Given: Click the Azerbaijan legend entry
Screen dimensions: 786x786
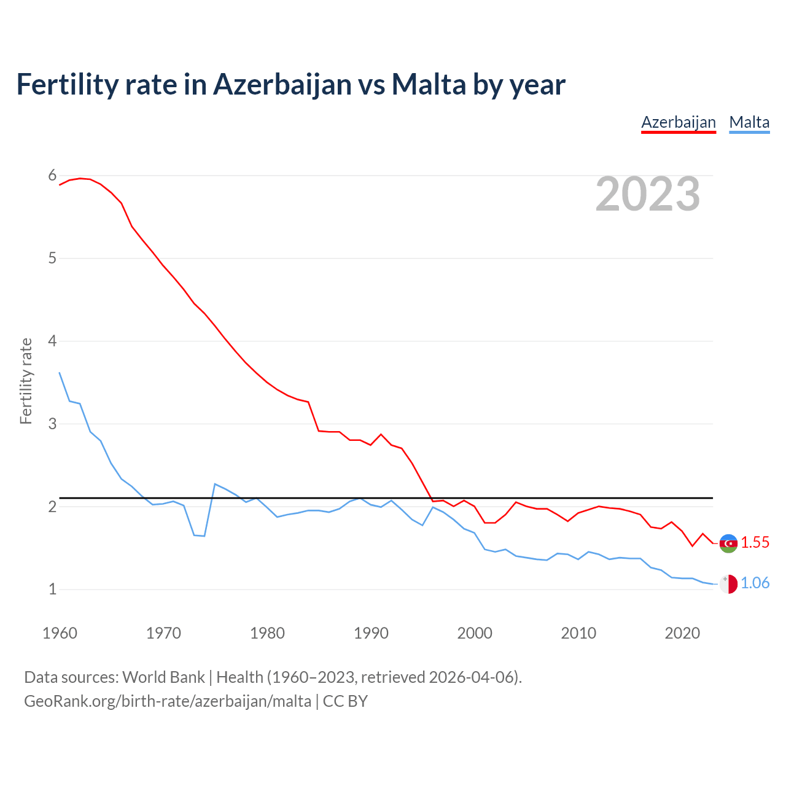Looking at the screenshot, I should click(679, 122).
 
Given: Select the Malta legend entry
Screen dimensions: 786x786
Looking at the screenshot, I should click(749, 122).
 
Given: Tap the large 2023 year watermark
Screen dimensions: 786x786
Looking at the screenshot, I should click(648, 194).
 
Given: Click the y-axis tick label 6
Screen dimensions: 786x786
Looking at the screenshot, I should click(52, 176).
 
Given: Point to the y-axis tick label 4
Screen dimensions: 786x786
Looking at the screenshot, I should click(52, 341).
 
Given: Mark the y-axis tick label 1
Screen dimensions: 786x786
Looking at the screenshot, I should click(52, 589).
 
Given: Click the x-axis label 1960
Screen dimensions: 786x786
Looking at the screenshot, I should click(60, 633).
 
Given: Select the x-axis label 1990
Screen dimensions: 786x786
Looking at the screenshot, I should click(371, 633).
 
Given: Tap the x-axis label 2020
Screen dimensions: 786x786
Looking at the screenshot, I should click(682, 633).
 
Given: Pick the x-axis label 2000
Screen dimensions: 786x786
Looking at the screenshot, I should click(475, 633).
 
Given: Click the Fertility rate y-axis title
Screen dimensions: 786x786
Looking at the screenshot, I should click(26, 381).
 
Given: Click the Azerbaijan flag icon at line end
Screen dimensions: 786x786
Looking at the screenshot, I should click(728, 543).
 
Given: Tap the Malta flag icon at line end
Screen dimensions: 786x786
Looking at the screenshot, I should click(728, 583).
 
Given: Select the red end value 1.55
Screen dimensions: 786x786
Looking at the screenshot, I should click(755, 543).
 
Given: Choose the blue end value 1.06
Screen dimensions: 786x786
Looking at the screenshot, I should click(755, 583).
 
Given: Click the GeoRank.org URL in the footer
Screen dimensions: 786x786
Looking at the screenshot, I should click(167, 701).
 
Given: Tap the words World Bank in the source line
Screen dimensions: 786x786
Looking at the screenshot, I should click(163, 677).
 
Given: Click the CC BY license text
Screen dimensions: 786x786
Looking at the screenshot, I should click(345, 701).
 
